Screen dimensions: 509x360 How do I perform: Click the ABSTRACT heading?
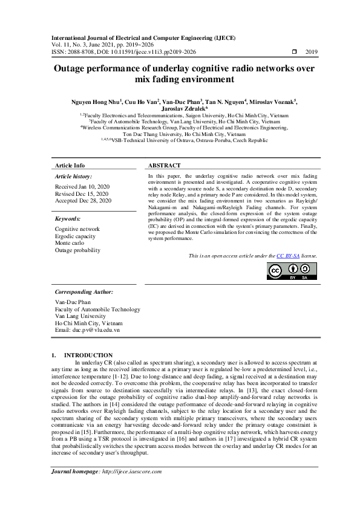pyautogui.click(x=164, y=166)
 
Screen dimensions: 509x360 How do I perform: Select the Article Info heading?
pyautogui.click(x=70, y=166)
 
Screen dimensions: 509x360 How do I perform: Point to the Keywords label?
pyautogui.click(x=68, y=218)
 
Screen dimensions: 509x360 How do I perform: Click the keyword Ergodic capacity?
pyautogui.click(x=76, y=236)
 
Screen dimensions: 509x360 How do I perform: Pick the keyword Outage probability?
pyautogui.click(x=78, y=250)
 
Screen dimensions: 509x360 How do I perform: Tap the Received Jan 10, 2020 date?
pyautogui.click(x=82, y=187)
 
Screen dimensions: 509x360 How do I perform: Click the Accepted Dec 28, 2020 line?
pyautogui.click(x=83, y=200)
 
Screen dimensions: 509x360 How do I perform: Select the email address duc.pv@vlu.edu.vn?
pyautogui.click(x=87, y=330)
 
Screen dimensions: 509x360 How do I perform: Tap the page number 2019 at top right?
pyautogui.click(x=312, y=52)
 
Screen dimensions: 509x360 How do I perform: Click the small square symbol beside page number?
pyautogui.click(x=294, y=52)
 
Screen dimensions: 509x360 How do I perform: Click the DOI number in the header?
pyautogui.click(x=146, y=52)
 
